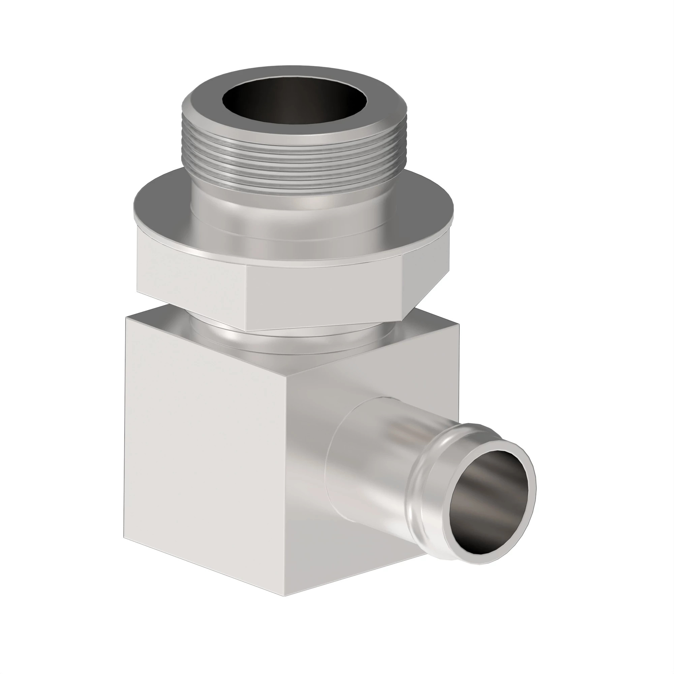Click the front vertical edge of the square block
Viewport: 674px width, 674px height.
pyautogui.click(x=287, y=488)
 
